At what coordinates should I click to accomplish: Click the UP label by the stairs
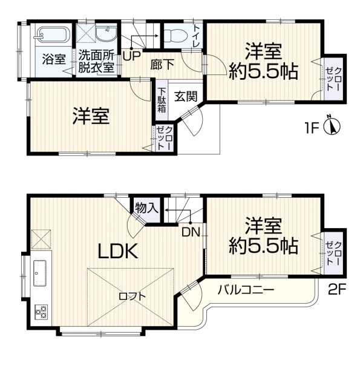coord(132,56)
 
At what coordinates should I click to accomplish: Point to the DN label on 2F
coord(191,232)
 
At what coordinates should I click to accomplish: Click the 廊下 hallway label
coord(162,64)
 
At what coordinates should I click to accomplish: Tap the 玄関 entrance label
coord(186,96)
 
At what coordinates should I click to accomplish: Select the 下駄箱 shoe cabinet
coord(162,100)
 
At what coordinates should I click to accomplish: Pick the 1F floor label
coord(312,128)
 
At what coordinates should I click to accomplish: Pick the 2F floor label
coord(337,290)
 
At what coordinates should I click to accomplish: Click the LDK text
coord(118,251)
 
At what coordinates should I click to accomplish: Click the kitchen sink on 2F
coord(40,273)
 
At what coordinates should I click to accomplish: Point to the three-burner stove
coord(41,312)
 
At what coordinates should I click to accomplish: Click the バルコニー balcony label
coord(246,290)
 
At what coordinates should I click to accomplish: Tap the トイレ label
coord(197,36)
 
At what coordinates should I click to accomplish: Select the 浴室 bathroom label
coord(54,59)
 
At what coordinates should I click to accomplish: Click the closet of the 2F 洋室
coord(333,253)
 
